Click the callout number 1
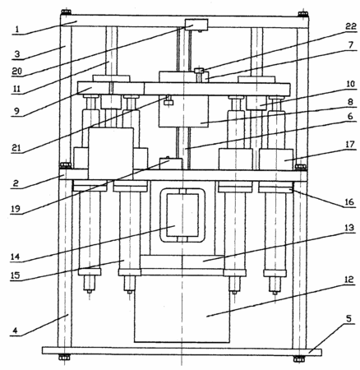[x=17, y=30]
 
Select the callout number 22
[x=351, y=26]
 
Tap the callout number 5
[x=348, y=318]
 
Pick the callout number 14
[x=16, y=257]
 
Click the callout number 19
[x=16, y=209]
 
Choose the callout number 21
[x=17, y=148]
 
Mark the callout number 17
[x=350, y=145]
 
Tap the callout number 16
[x=350, y=202]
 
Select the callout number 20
[x=16, y=72]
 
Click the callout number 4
[x=16, y=331]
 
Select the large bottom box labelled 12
[x=182, y=309]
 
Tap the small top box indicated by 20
[x=196, y=25]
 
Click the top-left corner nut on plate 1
[x=66, y=12]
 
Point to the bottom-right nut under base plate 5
[x=298, y=358]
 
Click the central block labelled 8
[x=183, y=111]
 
